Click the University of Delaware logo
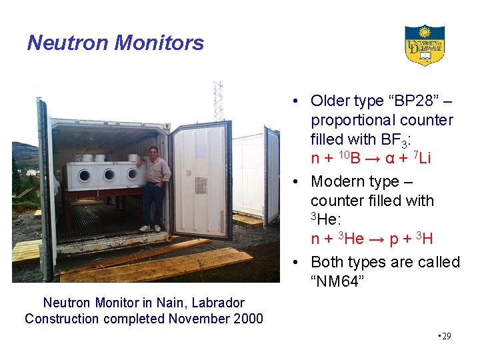(x=424, y=45)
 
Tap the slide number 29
(x=445, y=336)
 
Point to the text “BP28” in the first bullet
(x=413, y=101)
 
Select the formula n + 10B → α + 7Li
(x=371, y=159)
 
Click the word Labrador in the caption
(x=217, y=303)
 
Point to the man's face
(x=153, y=152)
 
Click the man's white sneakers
(x=150, y=228)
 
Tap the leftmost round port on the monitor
(x=85, y=175)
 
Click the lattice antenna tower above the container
(x=217, y=101)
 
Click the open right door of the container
(x=200, y=180)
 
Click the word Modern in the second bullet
(x=339, y=181)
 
